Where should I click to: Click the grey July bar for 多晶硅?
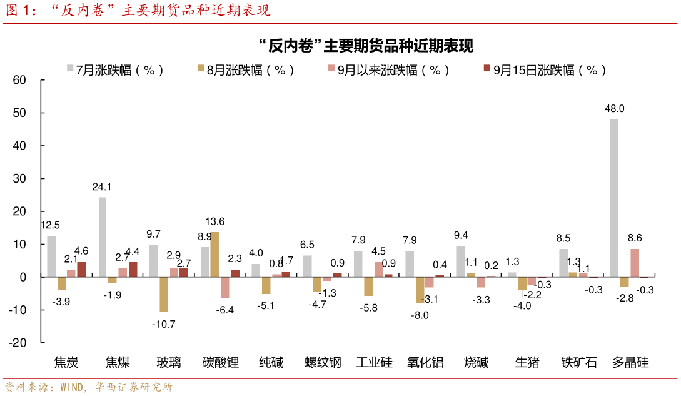click(614, 198)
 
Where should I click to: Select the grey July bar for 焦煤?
click(103, 237)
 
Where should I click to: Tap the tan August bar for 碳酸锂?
click(214, 254)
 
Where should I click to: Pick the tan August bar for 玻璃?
click(164, 294)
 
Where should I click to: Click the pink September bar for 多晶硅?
click(634, 263)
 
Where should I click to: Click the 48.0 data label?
click(614, 109)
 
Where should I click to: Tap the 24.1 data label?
click(101, 186)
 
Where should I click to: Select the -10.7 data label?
click(164, 323)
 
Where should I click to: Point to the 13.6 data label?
click(214, 221)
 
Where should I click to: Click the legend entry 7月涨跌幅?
click(116, 70)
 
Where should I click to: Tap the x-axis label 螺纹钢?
click(323, 362)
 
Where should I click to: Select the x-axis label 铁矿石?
click(578, 362)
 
